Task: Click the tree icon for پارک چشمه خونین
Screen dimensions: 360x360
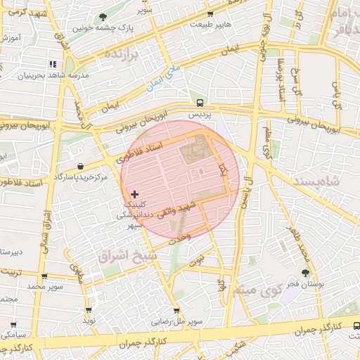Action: pyautogui.click(x=103, y=17)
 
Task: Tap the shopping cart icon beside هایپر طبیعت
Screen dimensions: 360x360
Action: pyautogui.click(x=210, y=14)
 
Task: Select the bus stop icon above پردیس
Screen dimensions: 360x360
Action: pyautogui.click(x=200, y=102)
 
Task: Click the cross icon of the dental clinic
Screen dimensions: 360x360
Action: pyautogui.click(x=135, y=194)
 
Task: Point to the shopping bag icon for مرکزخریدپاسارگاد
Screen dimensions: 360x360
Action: pyautogui.click(x=81, y=167)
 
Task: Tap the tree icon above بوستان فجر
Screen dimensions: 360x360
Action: pyautogui.click(x=304, y=273)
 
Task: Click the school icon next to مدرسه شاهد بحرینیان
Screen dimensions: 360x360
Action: pyautogui.click(x=71, y=65)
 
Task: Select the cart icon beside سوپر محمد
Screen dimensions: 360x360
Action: pyautogui.click(x=44, y=277)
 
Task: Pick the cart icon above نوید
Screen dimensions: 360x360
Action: pyautogui.click(x=89, y=310)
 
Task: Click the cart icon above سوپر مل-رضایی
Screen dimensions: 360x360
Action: pyautogui.click(x=176, y=310)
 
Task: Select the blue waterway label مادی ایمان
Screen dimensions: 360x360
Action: pyautogui.click(x=162, y=78)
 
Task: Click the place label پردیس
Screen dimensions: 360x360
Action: pyautogui.click(x=201, y=113)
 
